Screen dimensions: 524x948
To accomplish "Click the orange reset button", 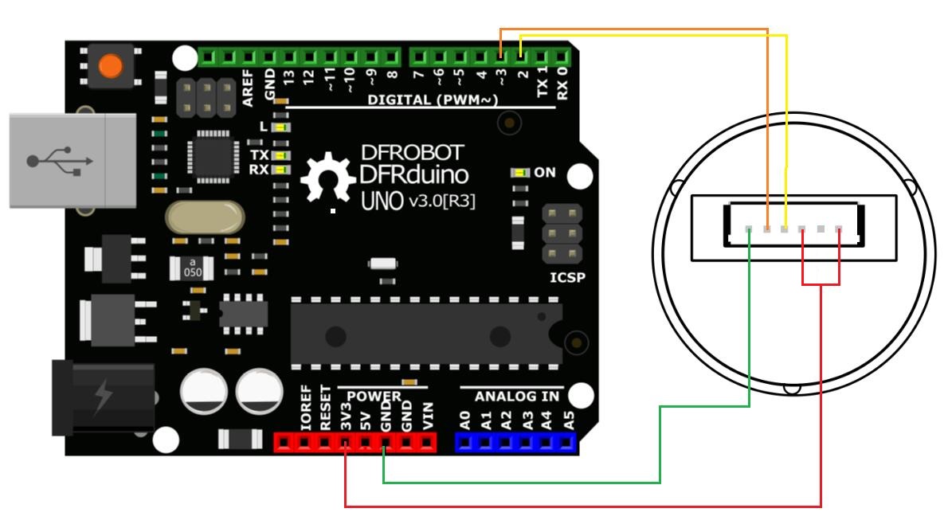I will point(110,66).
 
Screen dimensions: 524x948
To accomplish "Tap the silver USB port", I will point(72,161).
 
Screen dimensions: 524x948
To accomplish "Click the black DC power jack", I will point(104,398).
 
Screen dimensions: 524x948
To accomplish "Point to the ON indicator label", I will point(545,172).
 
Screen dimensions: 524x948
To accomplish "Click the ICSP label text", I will point(566,278).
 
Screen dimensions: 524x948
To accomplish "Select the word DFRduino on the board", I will point(413,175).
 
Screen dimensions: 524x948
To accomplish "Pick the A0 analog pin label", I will point(465,420).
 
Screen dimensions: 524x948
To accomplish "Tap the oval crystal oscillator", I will point(205,217).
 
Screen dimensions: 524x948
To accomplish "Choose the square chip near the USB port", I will point(210,157).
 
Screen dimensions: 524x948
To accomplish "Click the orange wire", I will point(633,30).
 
